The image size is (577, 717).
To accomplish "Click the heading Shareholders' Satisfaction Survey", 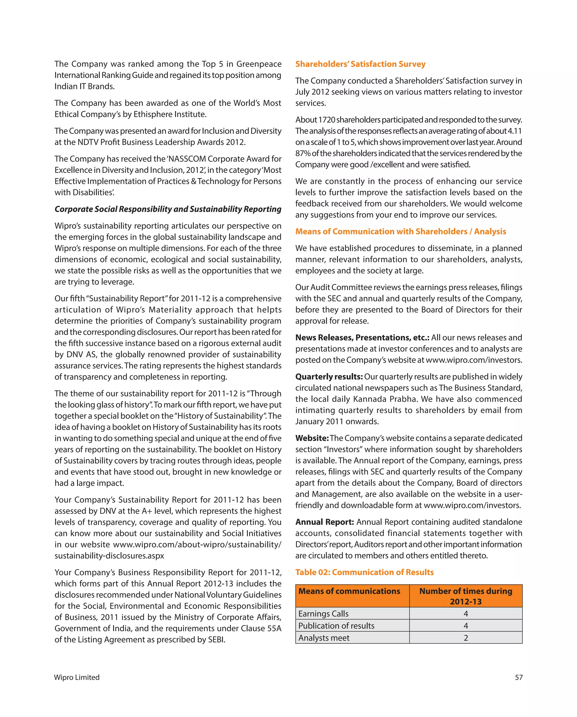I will [x=360, y=64].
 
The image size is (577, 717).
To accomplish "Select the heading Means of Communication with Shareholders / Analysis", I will [x=400, y=231].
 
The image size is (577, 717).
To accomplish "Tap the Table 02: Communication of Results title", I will [x=364, y=572].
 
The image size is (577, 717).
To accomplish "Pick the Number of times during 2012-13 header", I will [x=465, y=596].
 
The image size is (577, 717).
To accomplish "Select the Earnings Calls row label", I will [x=323, y=614].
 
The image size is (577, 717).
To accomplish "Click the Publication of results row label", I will [x=336, y=625].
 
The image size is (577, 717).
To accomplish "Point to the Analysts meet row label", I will [x=324, y=638].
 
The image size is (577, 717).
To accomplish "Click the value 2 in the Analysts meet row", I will [x=465, y=638].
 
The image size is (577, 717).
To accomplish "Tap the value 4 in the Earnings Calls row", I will [x=465, y=614].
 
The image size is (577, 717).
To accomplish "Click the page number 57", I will [x=518, y=677].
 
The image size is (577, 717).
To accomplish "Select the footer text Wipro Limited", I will [x=77, y=677].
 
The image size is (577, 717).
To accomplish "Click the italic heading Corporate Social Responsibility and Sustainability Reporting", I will [x=168, y=209].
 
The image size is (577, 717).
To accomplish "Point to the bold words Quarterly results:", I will [x=329, y=377].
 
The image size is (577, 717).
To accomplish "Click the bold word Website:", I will [x=312, y=438].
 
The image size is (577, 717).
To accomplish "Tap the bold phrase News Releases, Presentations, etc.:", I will [x=362, y=338].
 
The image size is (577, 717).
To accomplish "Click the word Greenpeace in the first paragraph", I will [x=259, y=64].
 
